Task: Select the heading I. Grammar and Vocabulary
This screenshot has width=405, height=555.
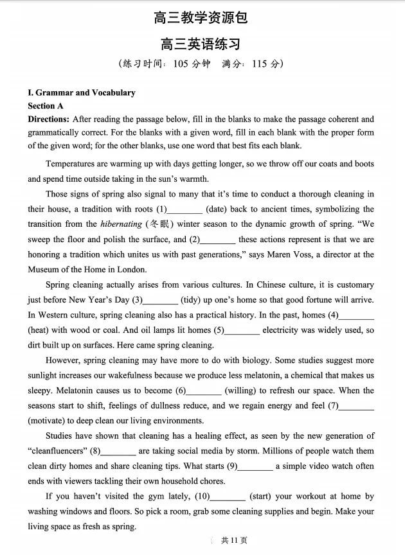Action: pos(82,92)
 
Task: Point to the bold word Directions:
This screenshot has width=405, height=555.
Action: pos(48,119)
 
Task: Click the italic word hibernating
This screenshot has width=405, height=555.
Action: pos(121,224)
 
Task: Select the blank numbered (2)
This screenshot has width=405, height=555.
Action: pos(219,240)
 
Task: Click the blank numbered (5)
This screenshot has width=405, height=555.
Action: pos(243,330)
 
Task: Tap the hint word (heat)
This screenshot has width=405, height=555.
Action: pos(40,330)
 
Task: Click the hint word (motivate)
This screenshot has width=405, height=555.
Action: pos(49,421)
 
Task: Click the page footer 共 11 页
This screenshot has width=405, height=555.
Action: pos(233,541)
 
